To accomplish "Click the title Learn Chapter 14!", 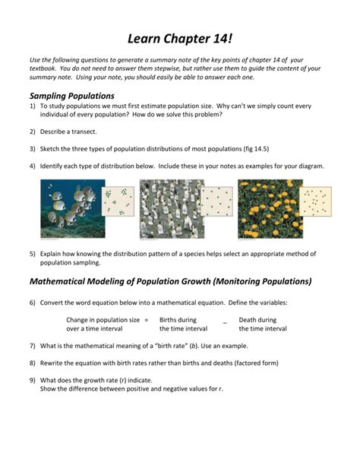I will (180, 37).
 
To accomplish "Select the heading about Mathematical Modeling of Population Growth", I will (170, 281).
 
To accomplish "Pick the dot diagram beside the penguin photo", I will (216, 202).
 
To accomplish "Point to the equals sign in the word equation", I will (146, 320).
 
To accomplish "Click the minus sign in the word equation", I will (225, 322).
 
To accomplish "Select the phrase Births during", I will (178, 320).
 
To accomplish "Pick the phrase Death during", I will (257, 320).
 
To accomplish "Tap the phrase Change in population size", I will (103, 320).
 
